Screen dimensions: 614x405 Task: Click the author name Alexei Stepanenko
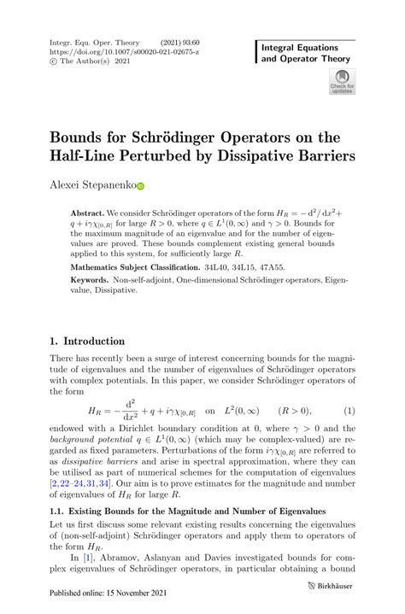tap(91, 184)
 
